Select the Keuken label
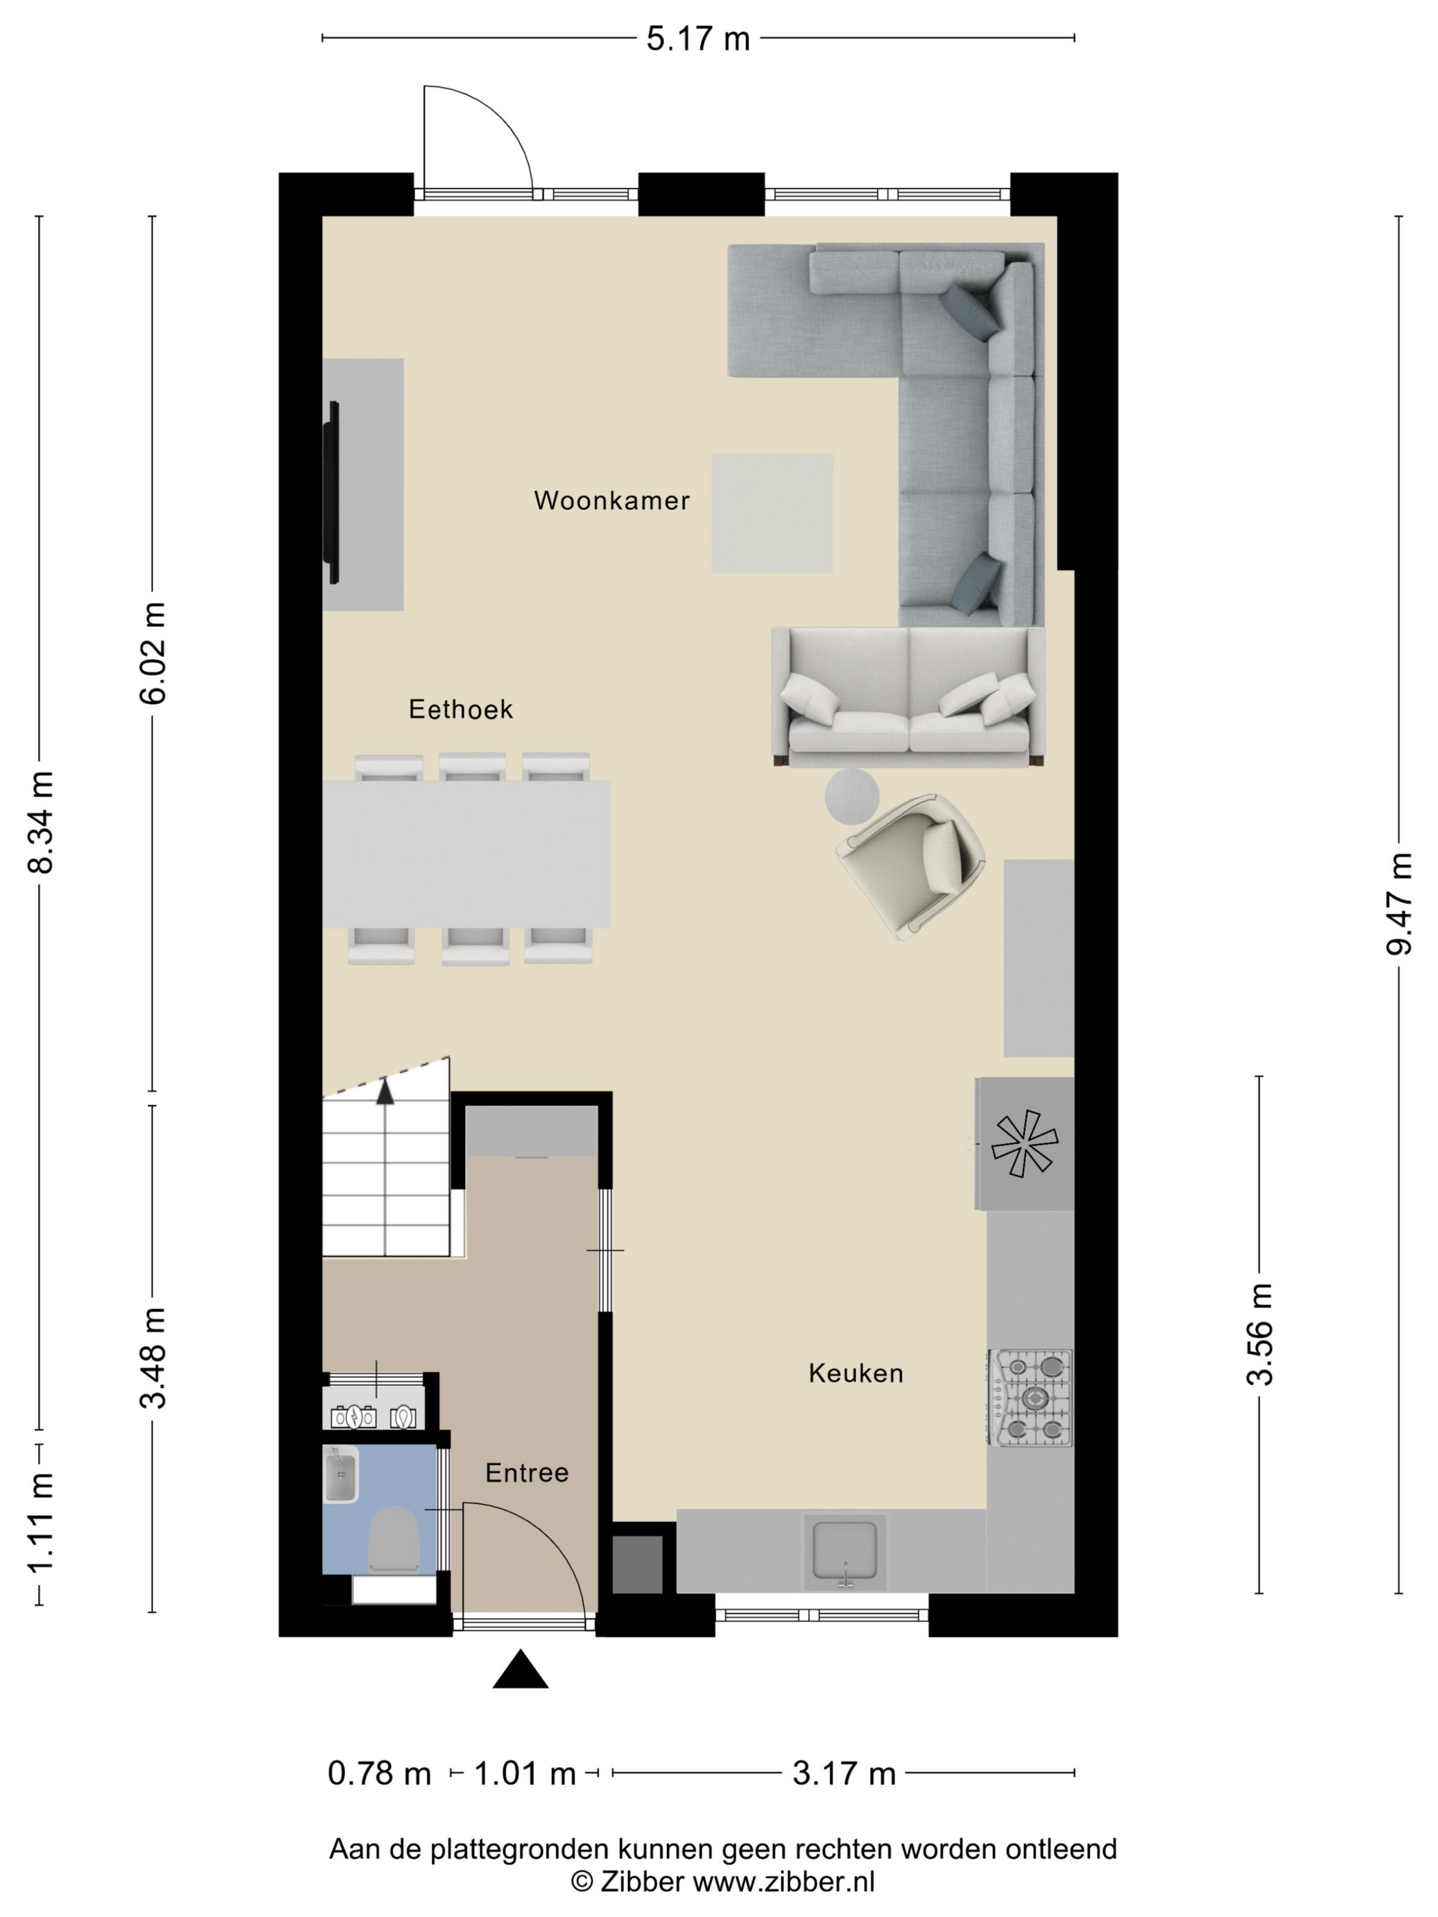pyautogui.click(x=855, y=1373)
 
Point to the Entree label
pyautogui.click(x=527, y=1473)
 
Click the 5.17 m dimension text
pyautogui.click(x=698, y=39)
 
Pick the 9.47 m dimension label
pyautogui.click(x=1398, y=904)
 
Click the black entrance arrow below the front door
pyautogui.click(x=520, y=1669)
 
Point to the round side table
pyautogui.click(x=851, y=796)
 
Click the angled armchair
pyautogui.click(x=910, y=867)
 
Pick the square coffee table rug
pyautogui.click(x=772, y=513)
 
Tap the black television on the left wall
pyautogui.click(x=331, y=492)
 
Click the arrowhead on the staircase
pyautogui.click(x=385, y=1090)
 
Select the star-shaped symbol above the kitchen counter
pyautogui.click(x=1024, y=1144)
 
